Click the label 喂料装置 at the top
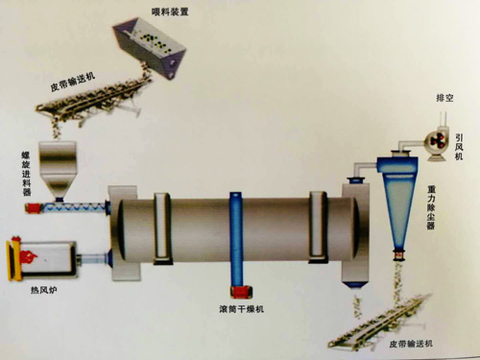(170, 12)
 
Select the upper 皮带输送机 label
(73, 83)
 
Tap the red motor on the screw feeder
(34, 208)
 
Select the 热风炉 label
(44, 290)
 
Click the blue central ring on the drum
(236, 240)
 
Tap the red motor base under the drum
(241, 292)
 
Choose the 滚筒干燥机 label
(242, 309)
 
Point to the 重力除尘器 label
(431, 207)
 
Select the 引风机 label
(459, 147)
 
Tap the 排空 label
(444, 98)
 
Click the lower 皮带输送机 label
(411, 344)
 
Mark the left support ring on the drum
(162, 228)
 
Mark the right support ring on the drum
(318, 228)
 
